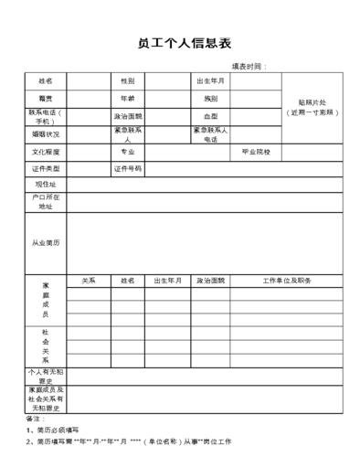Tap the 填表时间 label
pyautogui.click(x=248, y=67)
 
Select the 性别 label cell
pyautogui.click(x=127, y=81)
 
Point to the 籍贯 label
pyautogui.click(x=45, y=99)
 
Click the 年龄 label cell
pyautogui.click(x=127, y=99)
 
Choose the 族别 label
pyautogui.click(x=210, y=99)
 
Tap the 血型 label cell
pyautogui.click(x=210, y=116)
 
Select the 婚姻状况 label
pyautogui.click(x=45, y=133)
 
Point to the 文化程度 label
pyautogui.click(x=45, y=151)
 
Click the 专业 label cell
pyautogui.click(x=127, y=151)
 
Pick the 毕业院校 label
pyautogui.click(x=256, y=151)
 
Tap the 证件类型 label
pyautogui.click(x=45, y=168)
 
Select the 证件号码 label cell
pyautogui.click(x=127, y=168)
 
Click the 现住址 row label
pyautogui.click(x=45, y=184)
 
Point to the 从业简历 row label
pyautogui.click(x=45, y=243)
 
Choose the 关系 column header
pyautogui.click(x=89, y=281)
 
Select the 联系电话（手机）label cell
pyautogui.click(x=45, y=116)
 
